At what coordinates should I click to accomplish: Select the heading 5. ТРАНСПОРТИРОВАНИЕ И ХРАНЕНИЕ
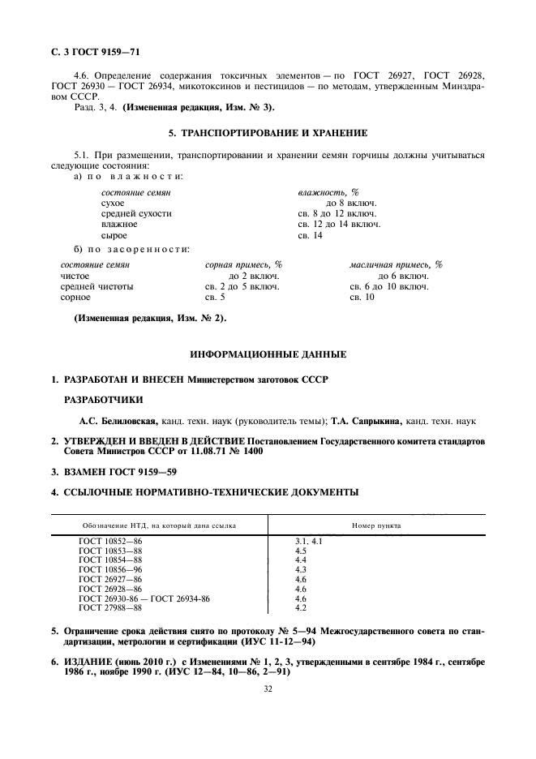(x=268, y=132)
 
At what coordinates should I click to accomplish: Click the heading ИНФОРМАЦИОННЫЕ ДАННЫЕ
(x=268, y=355)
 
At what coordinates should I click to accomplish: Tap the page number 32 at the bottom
(x=267, y=689)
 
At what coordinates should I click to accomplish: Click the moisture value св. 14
(x=311, y=235)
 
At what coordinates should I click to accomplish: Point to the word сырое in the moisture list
(x=114, y=235)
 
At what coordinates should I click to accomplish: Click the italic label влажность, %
(x=328, y=192)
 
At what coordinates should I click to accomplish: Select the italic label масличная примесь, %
(x=396, y=264)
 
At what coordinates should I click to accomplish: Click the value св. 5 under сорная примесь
(x=214, y=298)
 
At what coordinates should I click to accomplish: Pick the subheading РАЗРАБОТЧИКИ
(x=103, y=400)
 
